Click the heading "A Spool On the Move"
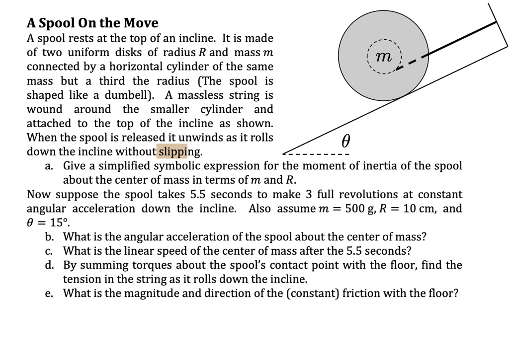click(92, 23)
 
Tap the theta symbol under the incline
click(346, 142)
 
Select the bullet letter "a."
click(49, 166)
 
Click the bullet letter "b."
click(49, 237)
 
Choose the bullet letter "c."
click(49, 251)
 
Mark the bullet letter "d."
click(49, 265)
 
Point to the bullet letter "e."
click(49, 293)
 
